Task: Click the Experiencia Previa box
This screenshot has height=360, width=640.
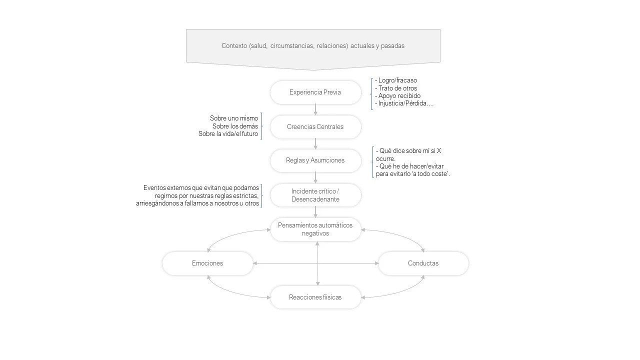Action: (x=315, y=92)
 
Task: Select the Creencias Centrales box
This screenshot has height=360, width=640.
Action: (x=315, y=127)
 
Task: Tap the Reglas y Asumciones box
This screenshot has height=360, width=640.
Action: (x=315, y=160)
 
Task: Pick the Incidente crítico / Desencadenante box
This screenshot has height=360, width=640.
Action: (x=315, y=195)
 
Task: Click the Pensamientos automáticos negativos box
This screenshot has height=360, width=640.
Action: (x=315, y=229)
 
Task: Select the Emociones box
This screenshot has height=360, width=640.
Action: (x=207, y=263)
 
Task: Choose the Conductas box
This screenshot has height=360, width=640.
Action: (x=423, y=263)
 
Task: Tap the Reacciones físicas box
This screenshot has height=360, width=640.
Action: (x=315, y=297)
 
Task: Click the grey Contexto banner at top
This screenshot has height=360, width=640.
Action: (x=313, y=46)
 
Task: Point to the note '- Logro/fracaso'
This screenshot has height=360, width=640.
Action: (x=396, y=80)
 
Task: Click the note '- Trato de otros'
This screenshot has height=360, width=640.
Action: (x=396, y=88)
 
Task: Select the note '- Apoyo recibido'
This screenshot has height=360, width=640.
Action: (x=397, y=95)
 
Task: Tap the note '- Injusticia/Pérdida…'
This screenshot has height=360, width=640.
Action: (x=403, y=103)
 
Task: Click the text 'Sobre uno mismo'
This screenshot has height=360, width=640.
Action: (x=234, y=118)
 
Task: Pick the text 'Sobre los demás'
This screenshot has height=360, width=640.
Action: (x=235, y=126)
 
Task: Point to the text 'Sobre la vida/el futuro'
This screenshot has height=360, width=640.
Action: (x=228, y=134)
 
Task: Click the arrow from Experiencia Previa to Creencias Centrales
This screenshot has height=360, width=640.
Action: (x=315, y=109)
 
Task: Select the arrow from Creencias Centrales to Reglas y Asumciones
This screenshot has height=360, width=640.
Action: (x=315, y=143)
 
